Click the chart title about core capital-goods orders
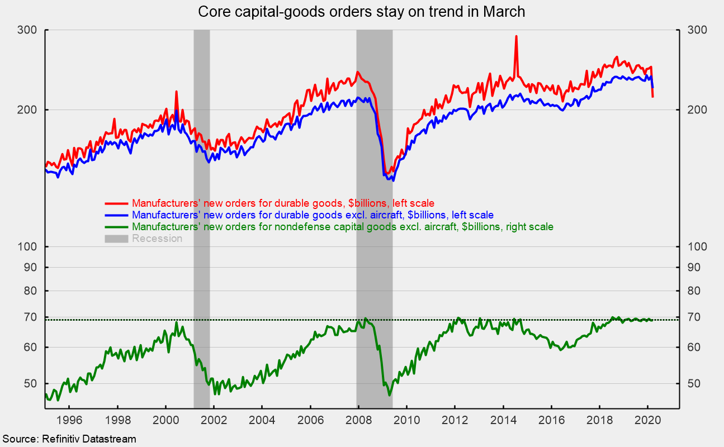[362, 12]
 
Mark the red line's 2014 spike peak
[516, 36]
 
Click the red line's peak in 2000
[177, 92]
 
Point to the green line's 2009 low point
[389, 395]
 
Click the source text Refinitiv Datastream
[68, 439]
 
